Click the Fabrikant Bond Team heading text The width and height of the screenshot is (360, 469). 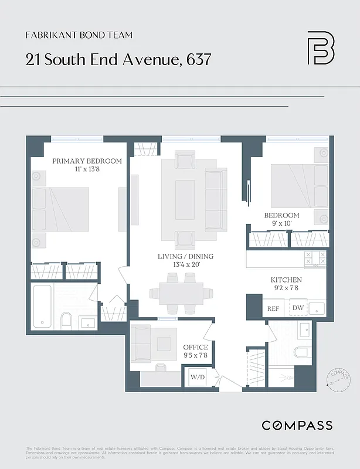[79, 35]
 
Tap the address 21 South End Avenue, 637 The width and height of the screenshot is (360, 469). [118, 59]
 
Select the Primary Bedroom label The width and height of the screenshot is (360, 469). [87, 161]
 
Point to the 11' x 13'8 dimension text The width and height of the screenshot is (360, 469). [87, 169]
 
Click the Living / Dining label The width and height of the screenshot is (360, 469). [185, 257]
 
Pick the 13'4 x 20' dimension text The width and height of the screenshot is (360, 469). [185, 265]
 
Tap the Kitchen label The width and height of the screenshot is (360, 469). [286, 280]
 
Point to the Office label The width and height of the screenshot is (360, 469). [195, 347]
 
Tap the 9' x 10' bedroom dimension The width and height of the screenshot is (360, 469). [281, 223]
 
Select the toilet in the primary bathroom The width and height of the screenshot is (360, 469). [66, 320]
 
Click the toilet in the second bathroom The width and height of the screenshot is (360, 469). [301, 353]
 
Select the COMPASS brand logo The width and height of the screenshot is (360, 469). [297, 425]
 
